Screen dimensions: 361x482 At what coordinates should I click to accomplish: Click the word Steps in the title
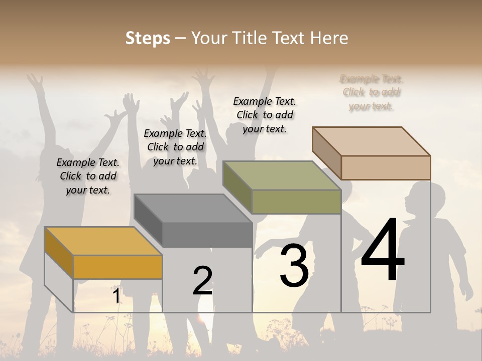point(148,38)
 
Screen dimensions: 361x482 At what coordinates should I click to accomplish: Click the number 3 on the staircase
point(294,266)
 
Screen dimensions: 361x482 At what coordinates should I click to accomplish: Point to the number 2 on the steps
point(202,281)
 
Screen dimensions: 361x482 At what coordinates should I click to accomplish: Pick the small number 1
point(116,296)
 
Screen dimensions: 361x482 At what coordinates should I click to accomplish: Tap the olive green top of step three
point(282,175)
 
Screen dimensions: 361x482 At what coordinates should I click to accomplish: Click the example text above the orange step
point(88,176)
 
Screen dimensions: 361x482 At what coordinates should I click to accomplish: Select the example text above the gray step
point(175,147)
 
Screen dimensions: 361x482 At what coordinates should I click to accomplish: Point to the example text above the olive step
point(265,115)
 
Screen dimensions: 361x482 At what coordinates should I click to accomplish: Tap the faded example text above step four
point(372,93)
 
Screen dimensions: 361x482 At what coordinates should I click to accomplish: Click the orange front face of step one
point(117,267)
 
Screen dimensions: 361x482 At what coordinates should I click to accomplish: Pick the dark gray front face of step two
point(207,235)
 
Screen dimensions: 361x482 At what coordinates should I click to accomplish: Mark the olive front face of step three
point(296,202)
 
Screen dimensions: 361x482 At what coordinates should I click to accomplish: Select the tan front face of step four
point(386,167)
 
